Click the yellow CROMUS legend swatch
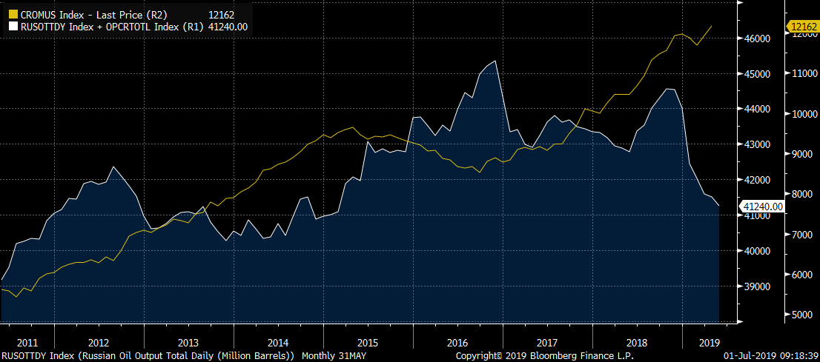(13, 15)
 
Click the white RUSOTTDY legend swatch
(13, 27)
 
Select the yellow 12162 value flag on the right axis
(801, 27)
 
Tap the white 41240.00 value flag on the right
(761, 207)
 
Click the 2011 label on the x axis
(27, 343)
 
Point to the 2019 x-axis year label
(710, 343)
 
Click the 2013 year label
(188, 343)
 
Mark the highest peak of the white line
(495, 61)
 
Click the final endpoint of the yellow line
(712, 27)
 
